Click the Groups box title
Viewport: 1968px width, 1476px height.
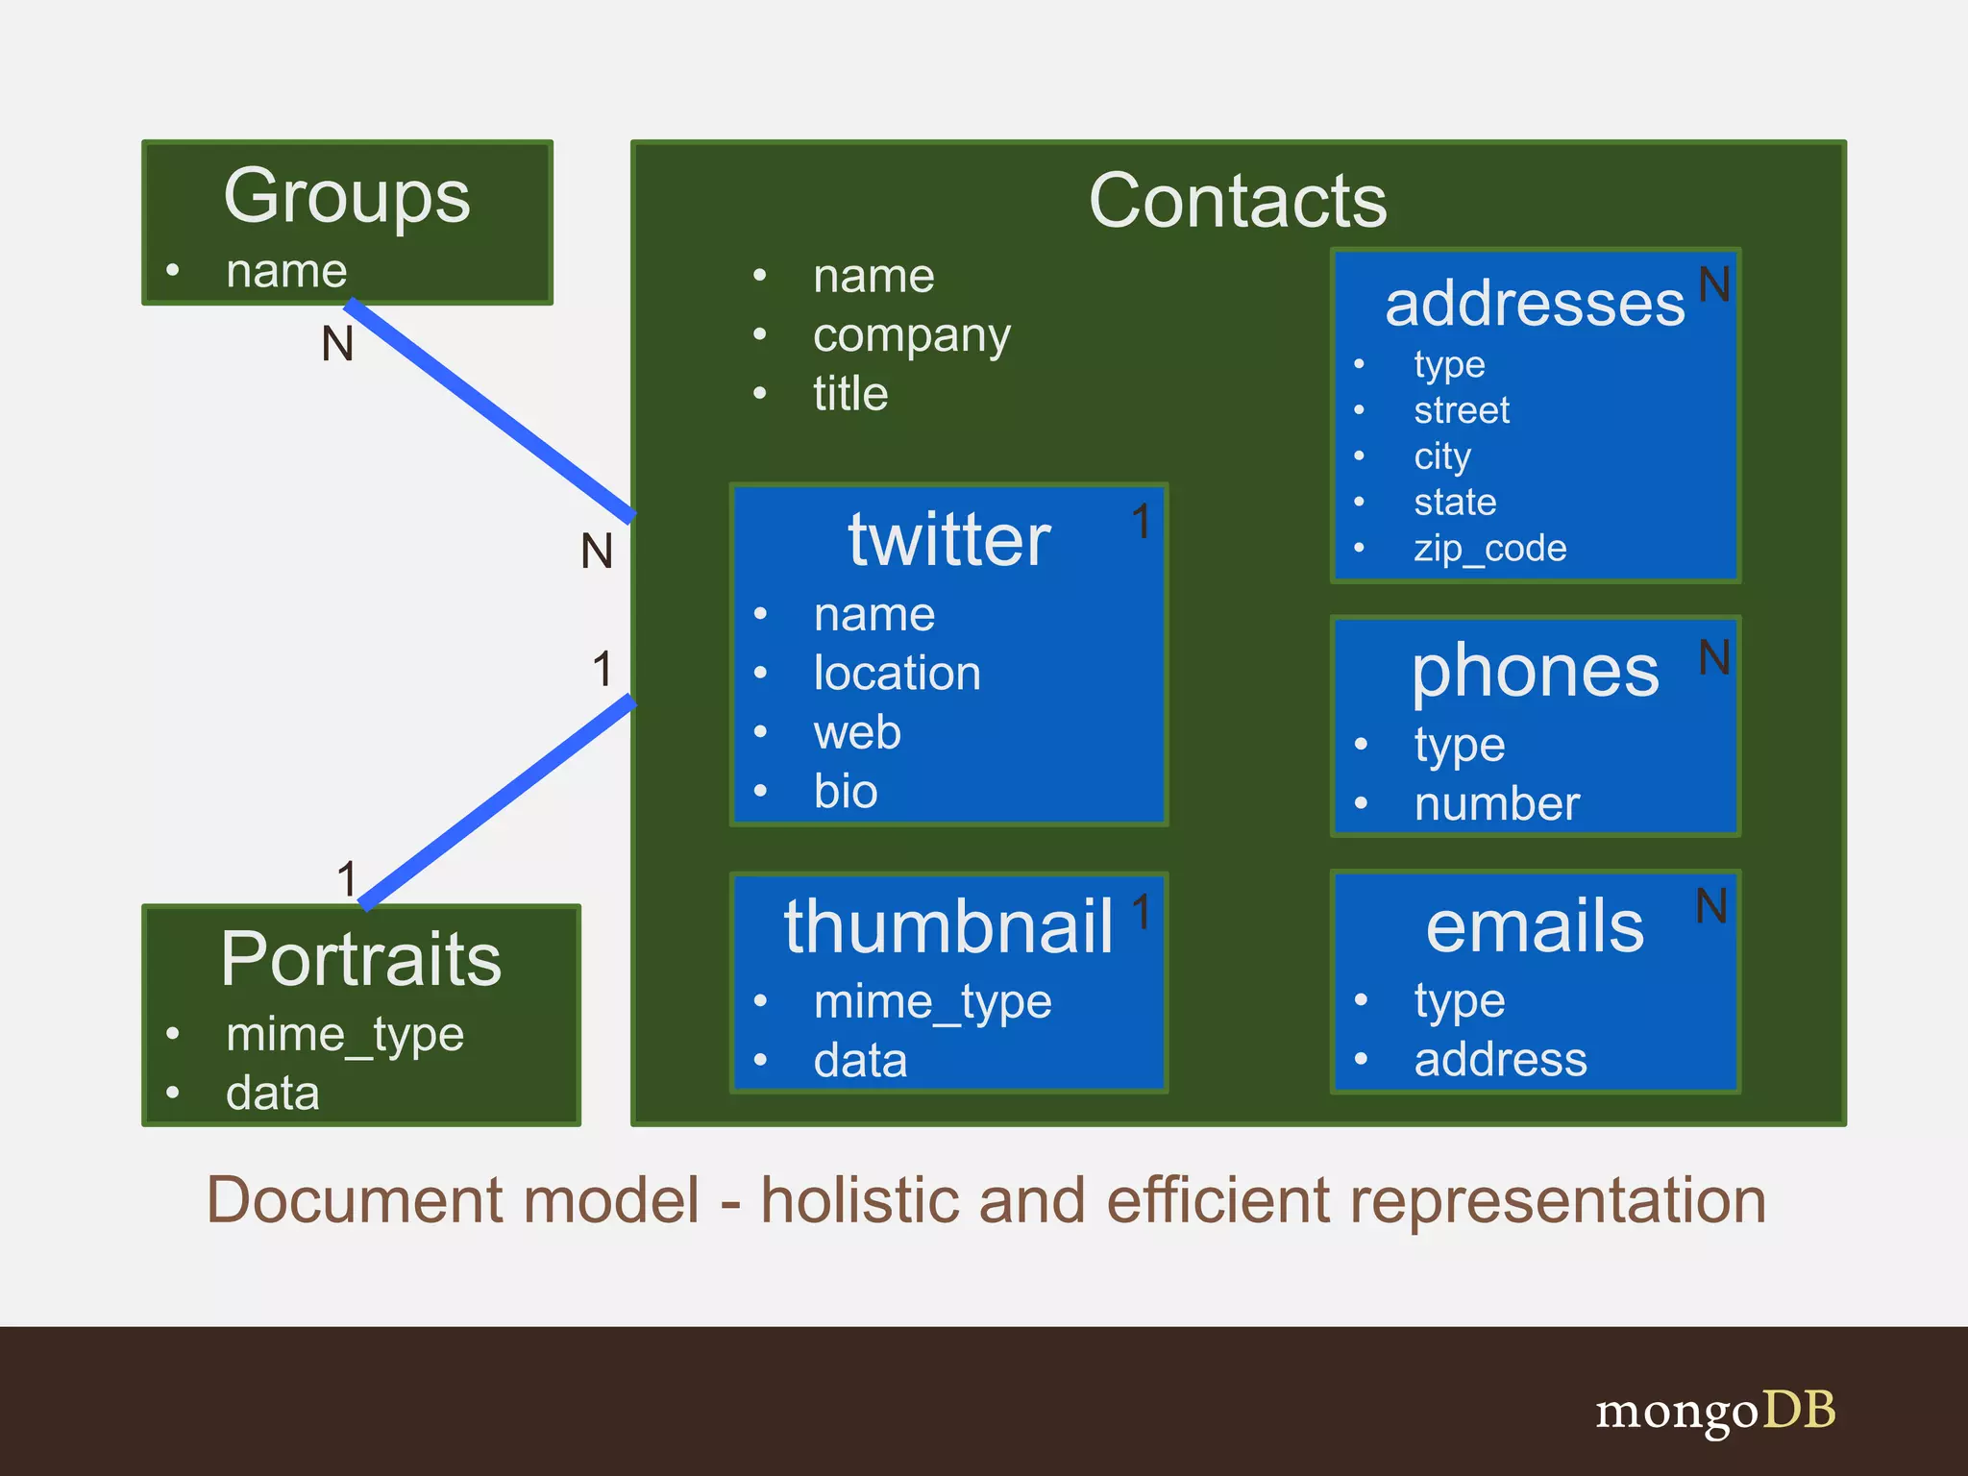(347, 197)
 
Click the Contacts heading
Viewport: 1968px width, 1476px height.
(1237, 202)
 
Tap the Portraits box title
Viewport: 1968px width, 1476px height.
(360, 959)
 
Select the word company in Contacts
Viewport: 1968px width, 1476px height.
(911, 335)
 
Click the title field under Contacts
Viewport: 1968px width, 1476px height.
(849, 394)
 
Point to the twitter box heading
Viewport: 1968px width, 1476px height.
(948, 540)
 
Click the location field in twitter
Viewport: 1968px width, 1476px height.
(897, 673)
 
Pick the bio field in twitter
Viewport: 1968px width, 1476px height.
(845, 791)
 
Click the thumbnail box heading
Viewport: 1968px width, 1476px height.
(947, 927)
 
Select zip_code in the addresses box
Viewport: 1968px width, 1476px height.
(1489, 549)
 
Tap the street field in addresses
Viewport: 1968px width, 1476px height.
(1461, 410)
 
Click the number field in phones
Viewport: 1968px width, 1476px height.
(1496, 803)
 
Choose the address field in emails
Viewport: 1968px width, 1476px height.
(1500, 1059)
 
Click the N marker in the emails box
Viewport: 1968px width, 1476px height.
(1711, 906)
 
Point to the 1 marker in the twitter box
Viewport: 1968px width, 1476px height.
(1141, 522)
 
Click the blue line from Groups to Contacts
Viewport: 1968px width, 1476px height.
(490, 411)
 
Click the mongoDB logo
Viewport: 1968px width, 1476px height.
(1715, 1412)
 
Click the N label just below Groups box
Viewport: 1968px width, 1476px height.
(337, 343)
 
